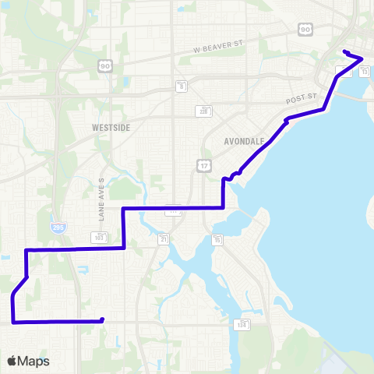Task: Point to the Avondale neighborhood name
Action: [244, 141]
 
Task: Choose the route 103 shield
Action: [100, 237]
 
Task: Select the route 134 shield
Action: [242, 324]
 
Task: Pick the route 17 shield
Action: [203, 165]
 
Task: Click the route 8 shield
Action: [181, 85]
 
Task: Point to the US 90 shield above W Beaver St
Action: [305, 29]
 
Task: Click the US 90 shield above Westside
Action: [104, 67]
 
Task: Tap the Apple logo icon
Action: [12, 361]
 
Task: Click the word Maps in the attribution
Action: [34, 361]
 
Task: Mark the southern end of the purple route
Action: [102, 319]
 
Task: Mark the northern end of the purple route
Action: [344, 52]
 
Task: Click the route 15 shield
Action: [217, 239]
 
